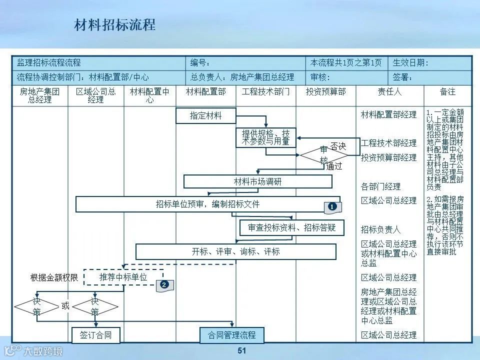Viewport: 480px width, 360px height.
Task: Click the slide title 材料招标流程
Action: [115, 25]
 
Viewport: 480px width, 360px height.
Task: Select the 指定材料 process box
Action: [205, 115]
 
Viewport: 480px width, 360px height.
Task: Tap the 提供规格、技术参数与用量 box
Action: [265, 137]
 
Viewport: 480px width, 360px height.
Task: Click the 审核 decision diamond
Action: [323, 154]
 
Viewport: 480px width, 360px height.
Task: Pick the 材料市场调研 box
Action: [257, 181]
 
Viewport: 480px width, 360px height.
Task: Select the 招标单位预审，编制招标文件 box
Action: [207, 204]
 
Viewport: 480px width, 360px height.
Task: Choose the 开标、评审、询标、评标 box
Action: [235, 251]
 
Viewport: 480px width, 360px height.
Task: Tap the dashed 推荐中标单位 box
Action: [123, 277]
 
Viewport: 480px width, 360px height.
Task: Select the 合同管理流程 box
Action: [231, 335]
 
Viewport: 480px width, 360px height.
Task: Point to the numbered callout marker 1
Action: [331, 206]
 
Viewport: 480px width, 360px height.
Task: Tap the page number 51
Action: [242, 350]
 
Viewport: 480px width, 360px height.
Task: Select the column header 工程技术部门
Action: [265, 92]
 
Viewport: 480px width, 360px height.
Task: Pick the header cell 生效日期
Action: [410, 63]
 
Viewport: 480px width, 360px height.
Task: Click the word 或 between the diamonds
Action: [65, 306]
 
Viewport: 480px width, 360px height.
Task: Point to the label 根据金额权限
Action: [54, 277]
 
